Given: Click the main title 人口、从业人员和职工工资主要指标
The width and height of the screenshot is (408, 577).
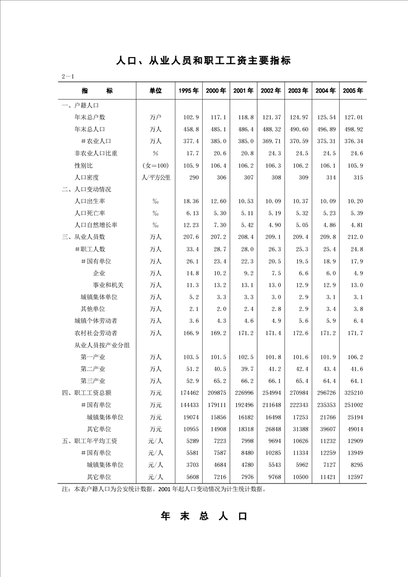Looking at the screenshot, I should point(204,61).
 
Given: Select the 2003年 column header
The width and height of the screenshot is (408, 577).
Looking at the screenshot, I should point(298,91).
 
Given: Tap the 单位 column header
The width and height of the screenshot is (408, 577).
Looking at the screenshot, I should point(155,91).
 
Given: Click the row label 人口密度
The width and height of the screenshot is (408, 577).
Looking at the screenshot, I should point(86,177).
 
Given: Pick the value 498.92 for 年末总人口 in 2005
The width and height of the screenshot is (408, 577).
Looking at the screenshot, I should point(353,129).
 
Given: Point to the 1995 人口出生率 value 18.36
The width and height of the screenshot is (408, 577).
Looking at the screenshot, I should point(190,201).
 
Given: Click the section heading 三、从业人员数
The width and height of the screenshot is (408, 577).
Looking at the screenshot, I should point(83,237).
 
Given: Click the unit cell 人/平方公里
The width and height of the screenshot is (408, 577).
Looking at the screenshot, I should point(155,177).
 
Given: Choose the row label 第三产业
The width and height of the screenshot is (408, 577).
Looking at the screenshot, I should point(93,381).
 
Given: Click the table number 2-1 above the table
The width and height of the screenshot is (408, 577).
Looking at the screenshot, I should point(68,77).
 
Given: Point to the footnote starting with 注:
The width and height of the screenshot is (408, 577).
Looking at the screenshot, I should point(164,490).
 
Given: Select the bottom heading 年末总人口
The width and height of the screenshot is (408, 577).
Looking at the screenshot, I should point(204,516).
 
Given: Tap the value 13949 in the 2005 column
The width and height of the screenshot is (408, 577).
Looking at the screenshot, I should point(354,453).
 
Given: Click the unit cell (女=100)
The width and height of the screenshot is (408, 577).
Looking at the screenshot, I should point(155,166).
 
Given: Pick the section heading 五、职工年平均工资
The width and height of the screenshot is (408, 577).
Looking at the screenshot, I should point(90,441).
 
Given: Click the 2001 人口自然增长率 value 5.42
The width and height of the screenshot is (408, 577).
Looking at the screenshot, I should point(245,225).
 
